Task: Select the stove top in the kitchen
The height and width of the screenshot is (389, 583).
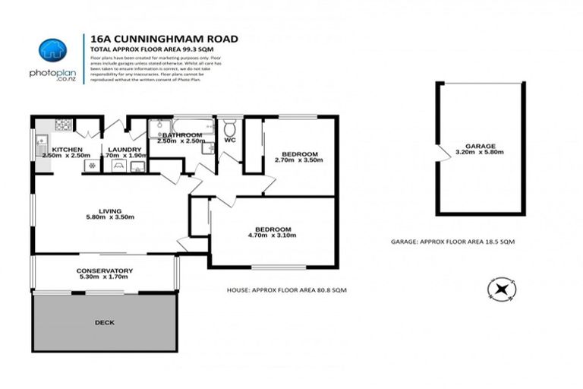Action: (62, 125)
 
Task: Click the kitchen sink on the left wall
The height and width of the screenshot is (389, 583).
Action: (37, 144)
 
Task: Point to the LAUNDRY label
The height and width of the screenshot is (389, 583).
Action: (124, 150)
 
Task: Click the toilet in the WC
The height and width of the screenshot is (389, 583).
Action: (230, 130)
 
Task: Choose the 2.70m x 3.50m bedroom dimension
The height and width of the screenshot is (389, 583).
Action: (295, 161)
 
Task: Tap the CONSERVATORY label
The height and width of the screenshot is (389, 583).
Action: (104, 270)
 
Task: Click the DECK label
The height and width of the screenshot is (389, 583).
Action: (104, 323)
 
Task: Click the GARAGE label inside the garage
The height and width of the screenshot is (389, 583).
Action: (481, 145)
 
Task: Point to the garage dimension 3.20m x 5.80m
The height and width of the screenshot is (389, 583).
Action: (481, 153)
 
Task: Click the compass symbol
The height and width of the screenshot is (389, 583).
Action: (501, 289)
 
